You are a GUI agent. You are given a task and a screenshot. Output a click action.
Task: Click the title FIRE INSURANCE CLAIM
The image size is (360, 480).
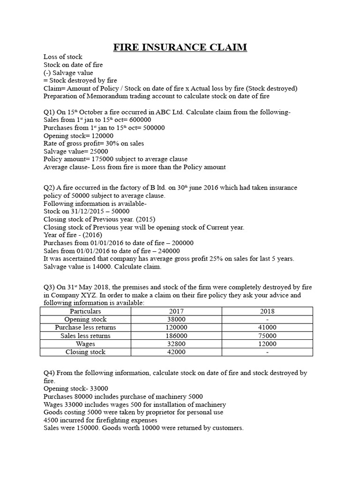click(x=180, y=47)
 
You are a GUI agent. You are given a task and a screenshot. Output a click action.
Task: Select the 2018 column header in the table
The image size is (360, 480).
click(x=267, y=311)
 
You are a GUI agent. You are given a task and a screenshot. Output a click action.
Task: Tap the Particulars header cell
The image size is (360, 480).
click(x=85, y=311)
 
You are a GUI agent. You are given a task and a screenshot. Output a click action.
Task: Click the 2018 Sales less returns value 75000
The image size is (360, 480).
click(x=267, y=336)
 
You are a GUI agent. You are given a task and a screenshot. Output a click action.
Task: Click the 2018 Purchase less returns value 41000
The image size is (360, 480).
click(x=267, y=327)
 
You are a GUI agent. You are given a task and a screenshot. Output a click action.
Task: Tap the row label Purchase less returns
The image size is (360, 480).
click(x=85, y=327)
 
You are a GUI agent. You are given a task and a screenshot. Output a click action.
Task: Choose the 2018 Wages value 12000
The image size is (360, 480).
click(x=267, y=344)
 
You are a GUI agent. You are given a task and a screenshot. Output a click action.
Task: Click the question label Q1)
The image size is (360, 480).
click(x=50, y=112)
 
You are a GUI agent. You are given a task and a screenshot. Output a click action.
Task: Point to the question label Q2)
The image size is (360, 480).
click(x=50, y=187)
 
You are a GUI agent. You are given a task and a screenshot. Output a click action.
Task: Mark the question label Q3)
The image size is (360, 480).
click(x=50, y=287)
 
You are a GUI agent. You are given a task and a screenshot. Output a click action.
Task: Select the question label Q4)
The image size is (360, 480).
click(x=50, y=373)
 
